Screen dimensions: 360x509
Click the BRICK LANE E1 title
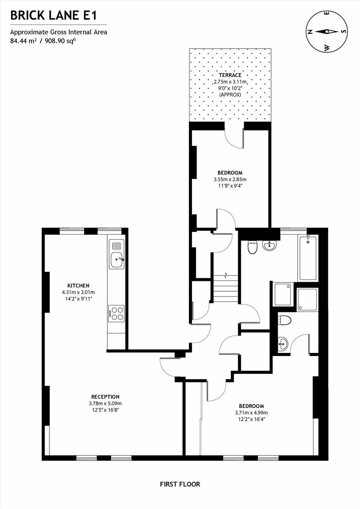(54, 16)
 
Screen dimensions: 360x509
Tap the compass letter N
(310, 32)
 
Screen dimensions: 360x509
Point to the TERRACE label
(230, 75)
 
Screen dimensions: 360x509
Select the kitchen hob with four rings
(116, 313)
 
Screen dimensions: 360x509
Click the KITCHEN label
(78, 285)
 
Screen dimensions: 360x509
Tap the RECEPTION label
(105, 397)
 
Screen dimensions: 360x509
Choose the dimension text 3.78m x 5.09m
(105, 403)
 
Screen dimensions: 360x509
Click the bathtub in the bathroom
(308, 258)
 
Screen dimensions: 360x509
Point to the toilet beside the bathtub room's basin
(252, 247)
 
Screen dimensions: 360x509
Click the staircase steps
(226, 289)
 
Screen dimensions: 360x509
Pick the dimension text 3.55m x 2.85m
(230, 179)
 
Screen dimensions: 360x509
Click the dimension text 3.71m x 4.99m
(251, 413)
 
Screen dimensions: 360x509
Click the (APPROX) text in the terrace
(230, 95)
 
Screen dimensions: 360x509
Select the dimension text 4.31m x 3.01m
(78, 292)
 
